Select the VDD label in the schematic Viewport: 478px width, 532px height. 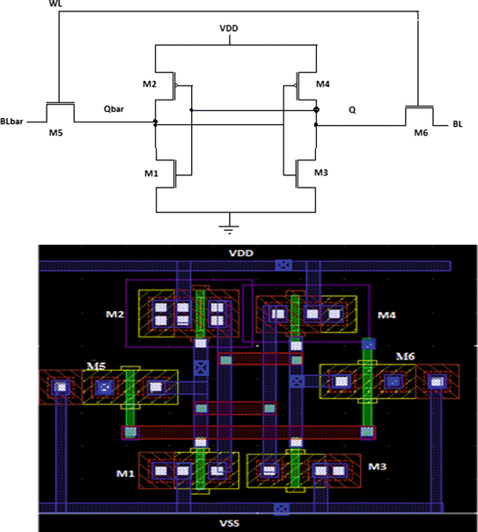click(x=229, y=28)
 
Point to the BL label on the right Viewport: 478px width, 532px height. click(x=457, y=125)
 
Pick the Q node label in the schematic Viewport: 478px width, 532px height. click(x=352, y=111)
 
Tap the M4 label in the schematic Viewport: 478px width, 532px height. click(x=322, y=85)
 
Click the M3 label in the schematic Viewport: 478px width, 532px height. click(x=322, y=171)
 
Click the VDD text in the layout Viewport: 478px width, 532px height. click(x=241, y=253)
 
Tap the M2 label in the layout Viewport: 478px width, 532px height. click(x=114, y=315)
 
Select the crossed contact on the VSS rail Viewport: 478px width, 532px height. click(x=280, y=508)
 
